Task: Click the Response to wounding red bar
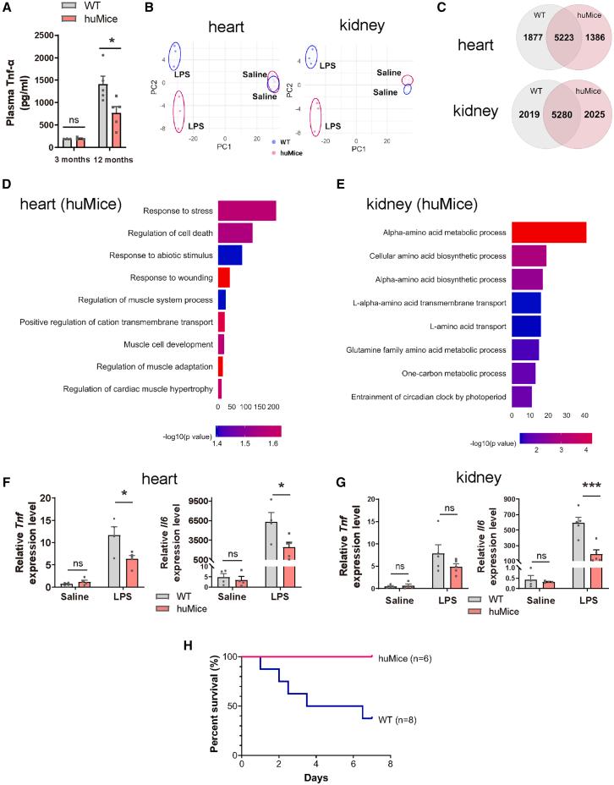pos(224,277)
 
